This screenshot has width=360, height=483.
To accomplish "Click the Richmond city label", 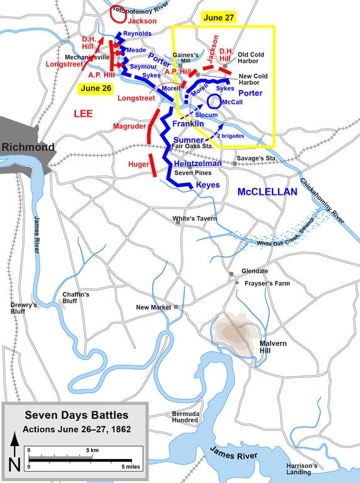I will (x=27, y=148).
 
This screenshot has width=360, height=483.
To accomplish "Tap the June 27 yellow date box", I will (x=218, y=18).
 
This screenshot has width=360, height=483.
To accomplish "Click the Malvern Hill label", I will (x=273, y=347).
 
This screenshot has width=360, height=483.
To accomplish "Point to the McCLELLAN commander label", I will (x=266, y=191).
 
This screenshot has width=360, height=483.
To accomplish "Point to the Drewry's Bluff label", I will (x=23, y=309).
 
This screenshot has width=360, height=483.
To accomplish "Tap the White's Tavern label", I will (x=195, y=219).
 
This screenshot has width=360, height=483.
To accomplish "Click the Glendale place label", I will (x=254, y=271).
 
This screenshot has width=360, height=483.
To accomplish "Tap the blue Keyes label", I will (x=207, y=185).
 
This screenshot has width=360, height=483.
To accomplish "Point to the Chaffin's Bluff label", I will (x=76, y=298).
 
